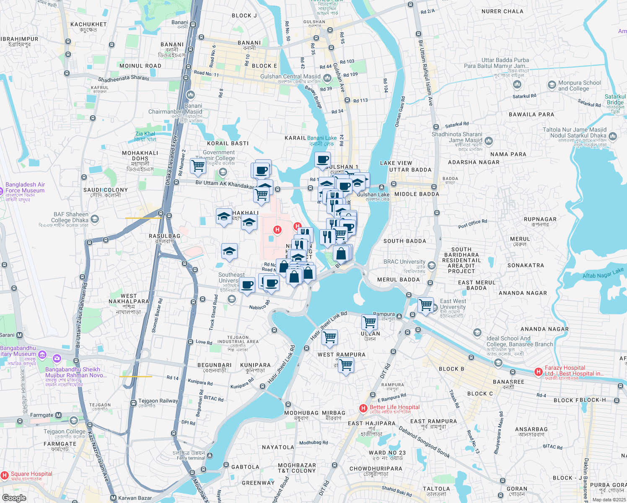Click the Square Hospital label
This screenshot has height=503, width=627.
pyautogui.click(x=31, y=474)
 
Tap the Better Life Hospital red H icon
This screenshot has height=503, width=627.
pyautogui.click(x=363, y=408)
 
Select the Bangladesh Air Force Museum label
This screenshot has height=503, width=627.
pyautogui.click(x=25, y=187)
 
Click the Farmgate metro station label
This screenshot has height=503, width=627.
pyautogui.click(x=42, y=415)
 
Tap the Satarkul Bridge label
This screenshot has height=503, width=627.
pyautogui.click(x=615, y=100)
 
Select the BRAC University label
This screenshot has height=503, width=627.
pyautogui.click(x=404, y=262)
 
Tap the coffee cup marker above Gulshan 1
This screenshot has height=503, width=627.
pyautogui.click(x=322, y=160)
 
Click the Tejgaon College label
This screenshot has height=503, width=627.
pyautogui.click(x=65, y=431)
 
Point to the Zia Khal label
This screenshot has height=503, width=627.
pyautogui.click(x=145, y=134)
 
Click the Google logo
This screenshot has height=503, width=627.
pyautogui.click(x=14, y=498)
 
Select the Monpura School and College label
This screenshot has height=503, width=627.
pyautogui.click(x=579, y=86)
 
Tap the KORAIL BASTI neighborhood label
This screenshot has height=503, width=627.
pyautogui.click(x=228, y=143)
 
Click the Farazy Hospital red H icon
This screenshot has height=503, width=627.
pyautogui.click(x=539, y=372)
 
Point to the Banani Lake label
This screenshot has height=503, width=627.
pyautogui.click(x=321, y=138)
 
